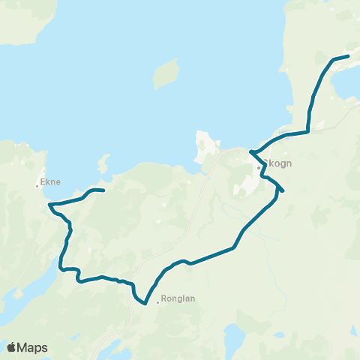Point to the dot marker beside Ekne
click(38, 186)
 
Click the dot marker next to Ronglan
click(158, 303)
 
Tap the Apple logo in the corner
click(12, 347)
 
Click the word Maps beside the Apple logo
click(33, 347)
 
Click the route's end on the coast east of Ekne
click(102, 190)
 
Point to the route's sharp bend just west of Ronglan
click(142, 304)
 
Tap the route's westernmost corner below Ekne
click(49, 204)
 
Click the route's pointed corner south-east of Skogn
click(280, 190)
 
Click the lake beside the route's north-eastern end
click(346, 84)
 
